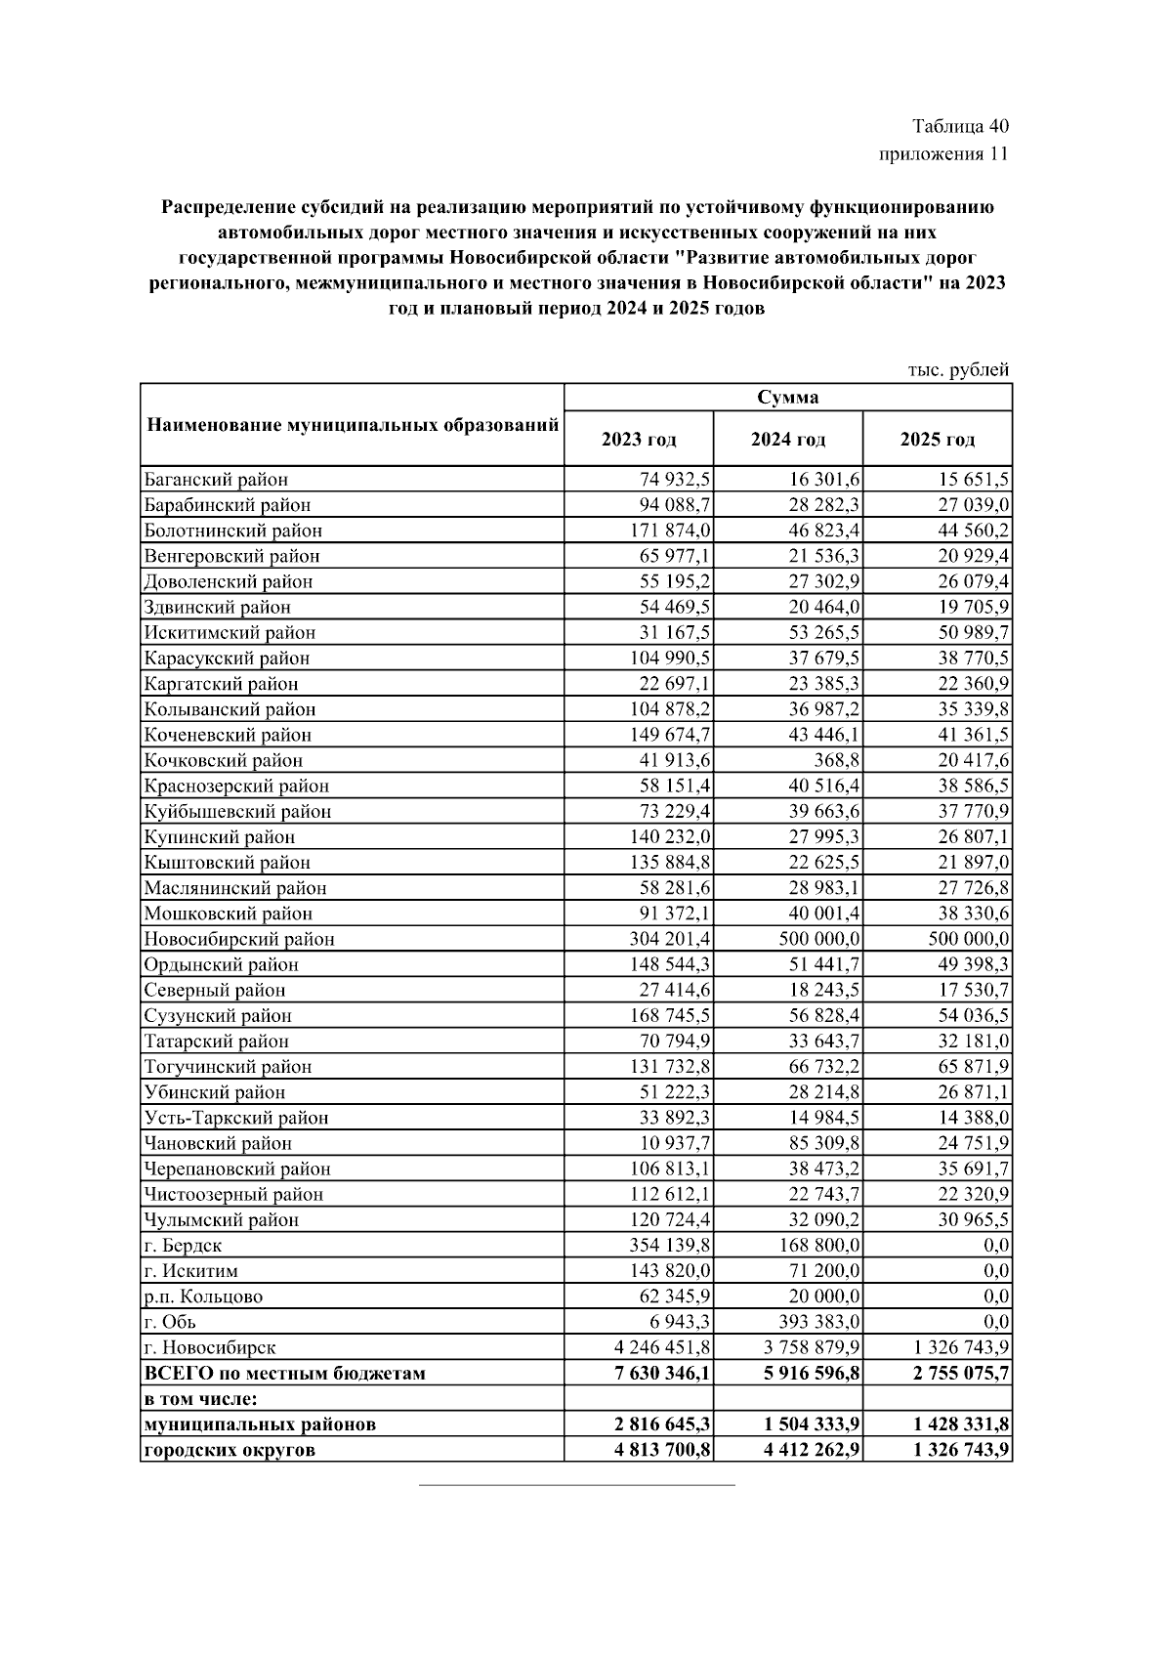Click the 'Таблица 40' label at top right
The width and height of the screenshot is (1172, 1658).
(960, 126)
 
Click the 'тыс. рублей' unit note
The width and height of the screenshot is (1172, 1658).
(958, 369)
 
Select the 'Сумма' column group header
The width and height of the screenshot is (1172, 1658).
(787, 397)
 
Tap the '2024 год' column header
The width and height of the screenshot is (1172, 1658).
(787, 440)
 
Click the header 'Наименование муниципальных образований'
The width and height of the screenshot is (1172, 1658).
(352, 425)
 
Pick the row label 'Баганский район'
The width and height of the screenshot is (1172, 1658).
(216, 480)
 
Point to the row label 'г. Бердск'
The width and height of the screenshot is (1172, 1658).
(183, 1246)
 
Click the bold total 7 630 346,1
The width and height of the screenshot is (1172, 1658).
(661, 1373)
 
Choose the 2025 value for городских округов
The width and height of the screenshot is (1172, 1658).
(961, 1450)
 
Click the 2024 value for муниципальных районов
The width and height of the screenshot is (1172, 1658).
(811, 1424)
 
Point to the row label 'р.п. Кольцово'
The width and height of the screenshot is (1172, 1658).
(203, 1297)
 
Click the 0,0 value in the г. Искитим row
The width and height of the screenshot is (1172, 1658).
(996, 1271)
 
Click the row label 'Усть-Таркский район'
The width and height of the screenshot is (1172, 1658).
(236, 1118)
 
